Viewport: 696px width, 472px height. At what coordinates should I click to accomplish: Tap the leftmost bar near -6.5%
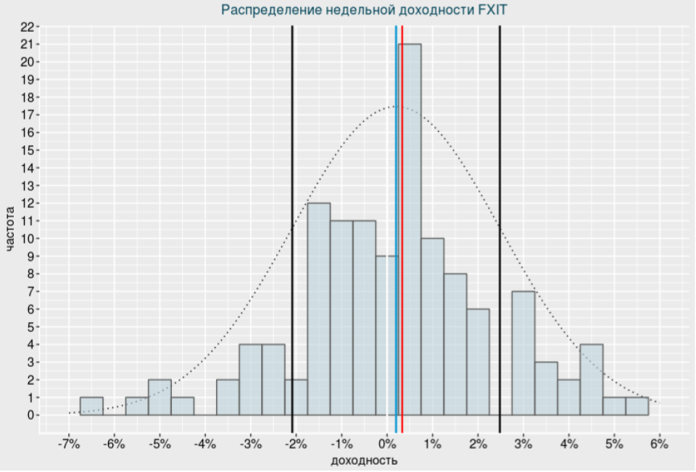tap(91, 406)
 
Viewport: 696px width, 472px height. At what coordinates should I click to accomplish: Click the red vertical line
tap(402, 218)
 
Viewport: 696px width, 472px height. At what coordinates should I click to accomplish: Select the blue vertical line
tap(396, 218)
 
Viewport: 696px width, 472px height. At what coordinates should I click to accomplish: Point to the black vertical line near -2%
tap(292, 218)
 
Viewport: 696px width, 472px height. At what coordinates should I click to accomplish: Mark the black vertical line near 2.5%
tap(500, 218)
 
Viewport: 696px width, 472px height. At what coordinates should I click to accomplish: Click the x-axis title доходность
tap(363, 460)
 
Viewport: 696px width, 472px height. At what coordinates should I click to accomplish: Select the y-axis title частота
tap(10, 229)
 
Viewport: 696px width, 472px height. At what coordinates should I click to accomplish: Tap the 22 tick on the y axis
tap(27, 27)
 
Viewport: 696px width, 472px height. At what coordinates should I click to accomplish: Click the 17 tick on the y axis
tap(27, 115)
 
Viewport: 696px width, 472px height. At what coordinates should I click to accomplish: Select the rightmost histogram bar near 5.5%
tap(637, 406)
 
